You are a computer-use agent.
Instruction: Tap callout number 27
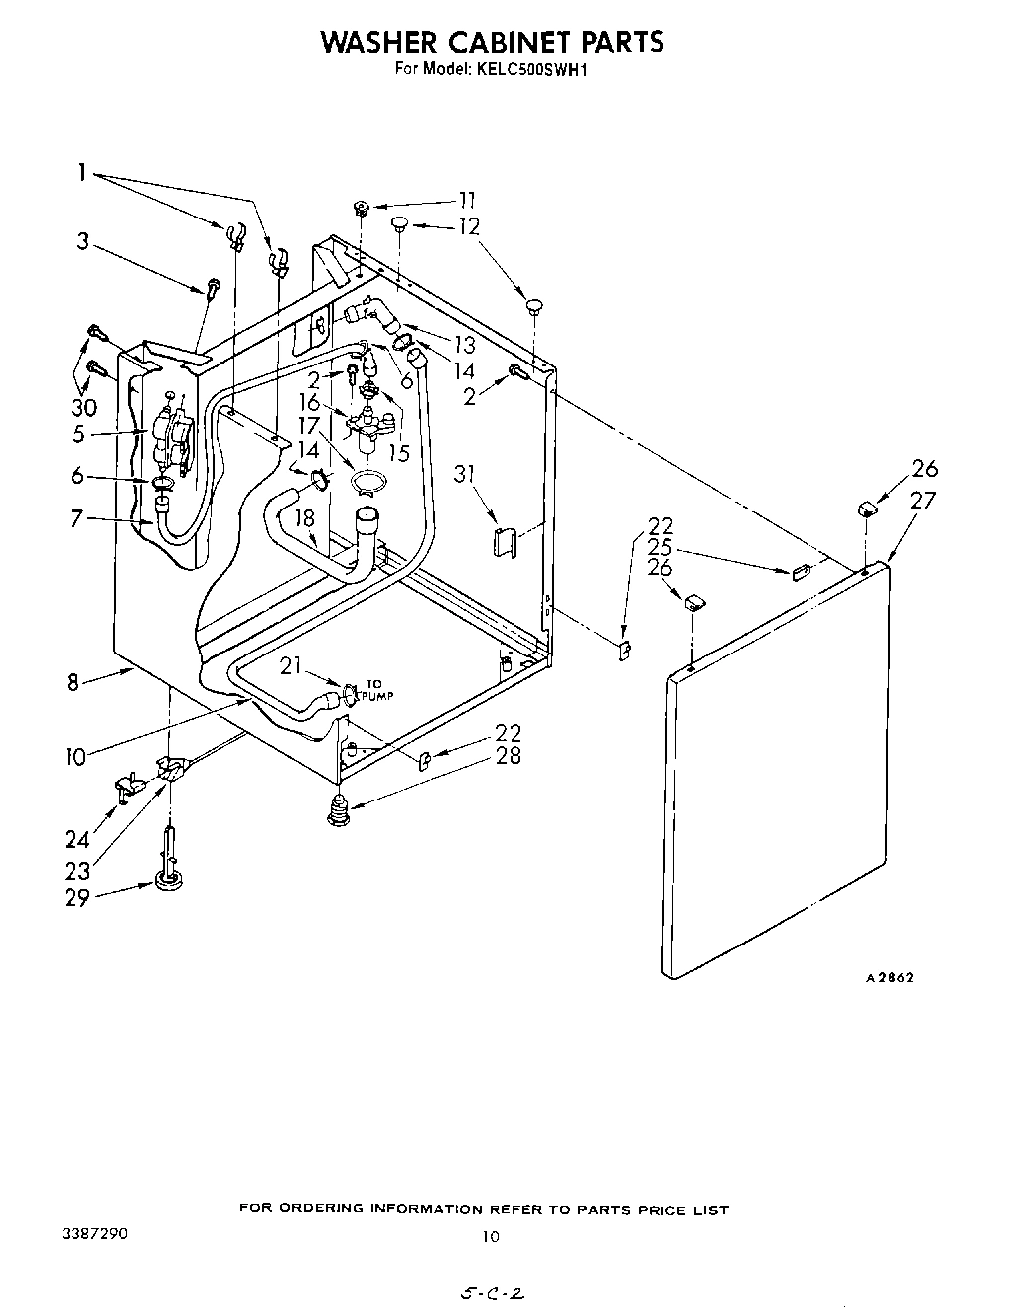[x=923, y=500]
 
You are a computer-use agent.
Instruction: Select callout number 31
[x=463, y=474]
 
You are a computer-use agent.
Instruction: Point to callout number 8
[x=73, y=683]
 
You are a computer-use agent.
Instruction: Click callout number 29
[x=76, y=897]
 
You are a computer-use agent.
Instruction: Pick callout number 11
[x=466, y=200]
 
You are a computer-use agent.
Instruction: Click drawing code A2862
[x=889, y=977]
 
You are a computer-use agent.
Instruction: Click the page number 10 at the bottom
[x=490, y=1237]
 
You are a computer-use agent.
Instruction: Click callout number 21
[x=291, y=666]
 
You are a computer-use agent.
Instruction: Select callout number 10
[x=75, y=758]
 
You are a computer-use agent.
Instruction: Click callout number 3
[x=84, y=241]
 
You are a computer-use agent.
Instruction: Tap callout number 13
[x=464, y=346]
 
